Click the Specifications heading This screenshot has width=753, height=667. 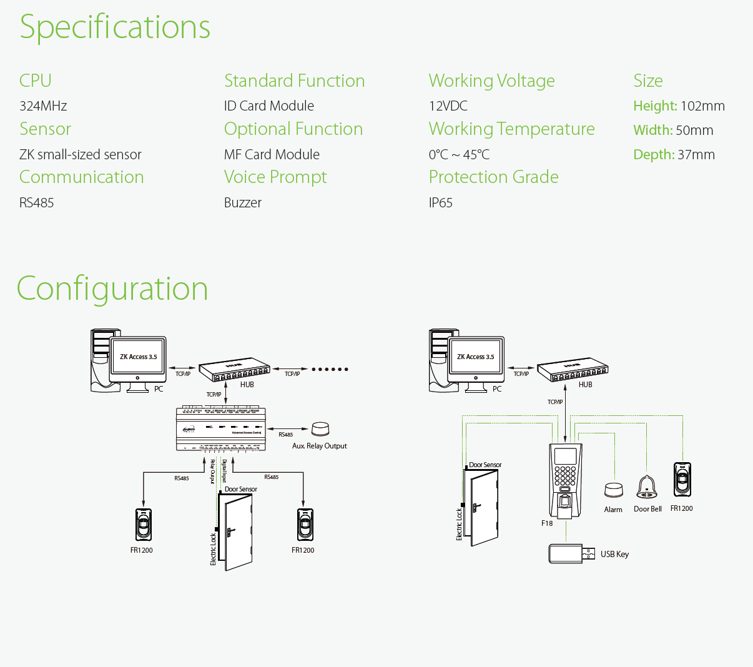click(x=115, y=27)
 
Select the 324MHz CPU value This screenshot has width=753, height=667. click(x=43, y=106)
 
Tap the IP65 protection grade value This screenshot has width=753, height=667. click(x=440, y=203)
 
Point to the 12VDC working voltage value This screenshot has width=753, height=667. click(x=448, y=106)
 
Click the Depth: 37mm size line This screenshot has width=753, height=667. click(x=674, y=155)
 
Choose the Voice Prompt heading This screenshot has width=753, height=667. click(x=275, y=177)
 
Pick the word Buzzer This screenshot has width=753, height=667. click(x=243, y=203)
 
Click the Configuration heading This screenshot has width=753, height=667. click(x=112, y=289)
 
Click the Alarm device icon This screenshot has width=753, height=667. click(x=613, y=490)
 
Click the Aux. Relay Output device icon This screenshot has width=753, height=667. click(x=320, y=429)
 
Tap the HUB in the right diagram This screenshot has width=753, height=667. click(x=573, y=370)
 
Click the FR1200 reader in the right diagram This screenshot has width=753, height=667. click(x=682, y=480)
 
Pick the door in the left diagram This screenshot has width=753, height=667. click(x=238, y=530)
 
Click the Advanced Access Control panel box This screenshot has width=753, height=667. click(x=221, y=428)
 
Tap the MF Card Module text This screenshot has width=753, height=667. click(x=272, y=155)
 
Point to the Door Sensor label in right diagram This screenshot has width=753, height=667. click(x=485, y=465)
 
